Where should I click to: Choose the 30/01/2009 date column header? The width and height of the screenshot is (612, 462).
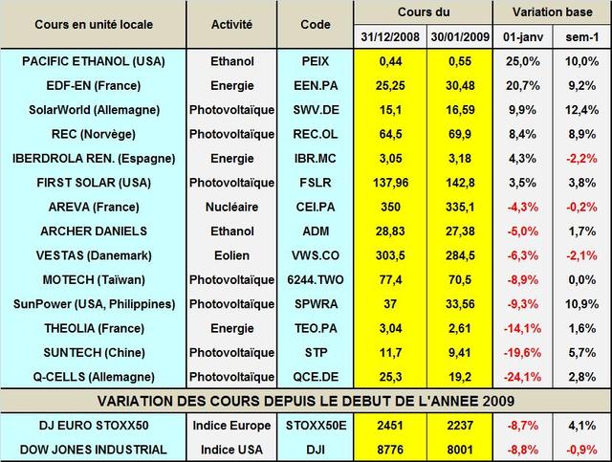pyautogui.click(x=456, y=37)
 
